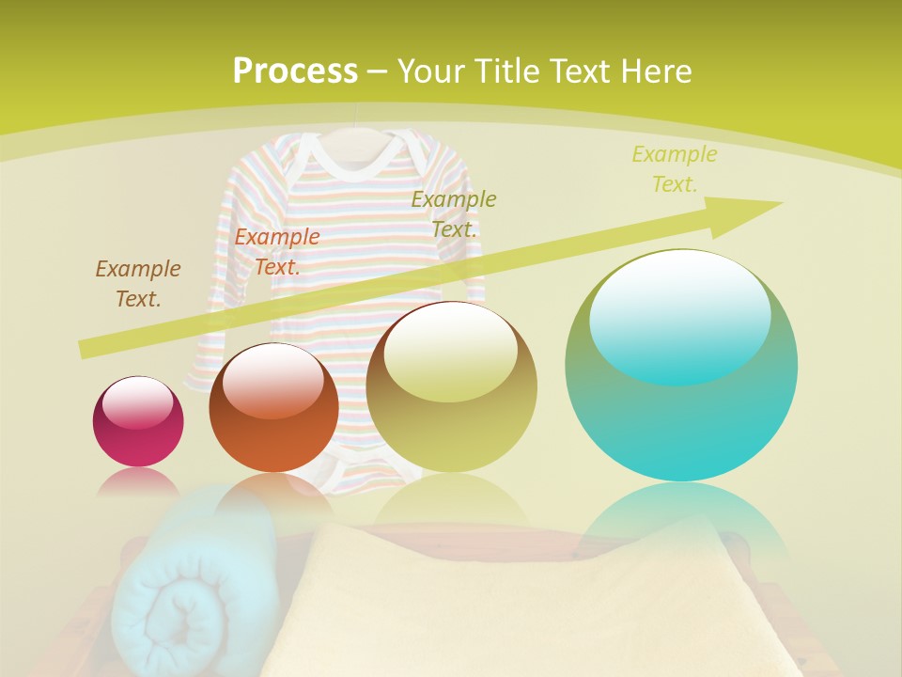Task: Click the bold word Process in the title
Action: (x=295, y=71)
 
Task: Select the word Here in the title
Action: (x=655, y=71)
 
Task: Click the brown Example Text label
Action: (x=138, y=283)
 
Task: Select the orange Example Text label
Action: (x=277, y=251)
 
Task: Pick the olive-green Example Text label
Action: (x=454, y=213)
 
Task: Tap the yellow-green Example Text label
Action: (x=675, y=168)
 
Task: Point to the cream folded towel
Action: (x=526, y=602)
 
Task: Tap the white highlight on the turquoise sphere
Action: (x=680, y=310)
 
